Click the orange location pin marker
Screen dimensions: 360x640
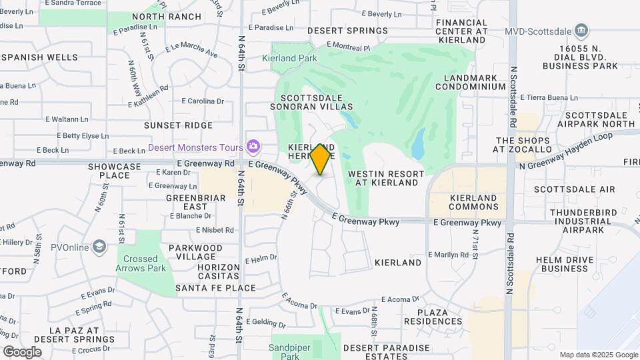tap(321, 159)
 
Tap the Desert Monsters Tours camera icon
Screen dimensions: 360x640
tap(253, 146)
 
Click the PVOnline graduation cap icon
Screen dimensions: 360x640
tap(99, 247)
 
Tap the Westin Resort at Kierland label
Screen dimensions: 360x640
tap(386, 178)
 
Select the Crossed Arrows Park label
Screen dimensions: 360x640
tap(140, 263)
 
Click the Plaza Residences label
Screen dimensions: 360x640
tap(440, 317)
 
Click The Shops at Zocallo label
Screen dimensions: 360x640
tap(523, 145)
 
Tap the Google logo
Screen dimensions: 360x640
tap(22, 351)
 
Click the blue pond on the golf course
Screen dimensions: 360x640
tap(419, 144)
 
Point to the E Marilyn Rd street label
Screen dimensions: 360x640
tap(450, 255)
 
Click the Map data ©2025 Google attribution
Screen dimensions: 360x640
tap(598, 355)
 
